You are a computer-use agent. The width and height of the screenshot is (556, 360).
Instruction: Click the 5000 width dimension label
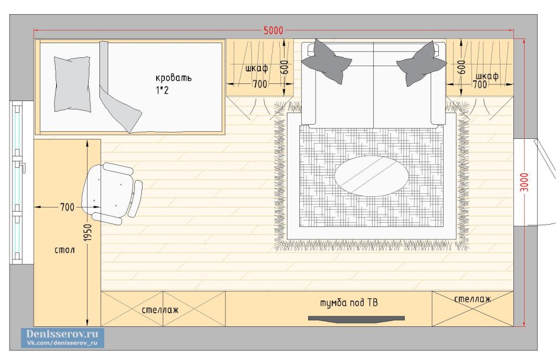(273, 31)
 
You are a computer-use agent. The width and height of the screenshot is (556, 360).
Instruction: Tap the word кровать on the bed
(173, 78)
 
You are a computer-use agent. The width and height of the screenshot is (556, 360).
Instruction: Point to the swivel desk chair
(112, 193)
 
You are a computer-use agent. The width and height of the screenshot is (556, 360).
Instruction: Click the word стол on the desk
(64, 250)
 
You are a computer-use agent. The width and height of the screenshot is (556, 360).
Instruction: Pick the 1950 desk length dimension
(88, 232)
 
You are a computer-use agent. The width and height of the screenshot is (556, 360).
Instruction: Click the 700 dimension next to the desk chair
(67, 207)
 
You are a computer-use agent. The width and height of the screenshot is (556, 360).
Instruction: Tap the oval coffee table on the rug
(371, 176)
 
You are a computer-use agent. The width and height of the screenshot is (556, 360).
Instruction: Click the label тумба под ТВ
(349, 303)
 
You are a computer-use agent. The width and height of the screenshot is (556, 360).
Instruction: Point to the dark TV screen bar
(356, 319)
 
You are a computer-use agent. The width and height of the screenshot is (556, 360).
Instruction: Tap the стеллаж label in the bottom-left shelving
(160, 310)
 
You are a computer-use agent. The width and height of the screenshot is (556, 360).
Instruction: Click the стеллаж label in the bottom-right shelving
(473, 300)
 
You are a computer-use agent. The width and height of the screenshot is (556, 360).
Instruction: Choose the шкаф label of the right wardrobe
(487, 76)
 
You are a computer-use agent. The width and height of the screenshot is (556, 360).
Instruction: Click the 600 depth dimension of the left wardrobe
(285, 67)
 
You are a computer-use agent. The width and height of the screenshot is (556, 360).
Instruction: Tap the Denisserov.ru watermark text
(62, 334)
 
